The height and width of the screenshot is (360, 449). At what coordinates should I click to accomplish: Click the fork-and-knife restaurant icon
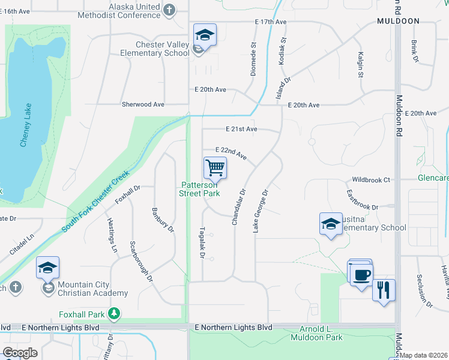384,290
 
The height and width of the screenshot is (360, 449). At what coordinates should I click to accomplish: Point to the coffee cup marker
361,274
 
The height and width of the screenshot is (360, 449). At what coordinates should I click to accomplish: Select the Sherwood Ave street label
143,104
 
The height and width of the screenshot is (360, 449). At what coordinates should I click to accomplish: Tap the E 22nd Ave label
232,154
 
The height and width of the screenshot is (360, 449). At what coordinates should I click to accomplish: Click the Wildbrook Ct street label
371,179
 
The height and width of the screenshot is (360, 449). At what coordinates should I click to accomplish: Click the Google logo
20,353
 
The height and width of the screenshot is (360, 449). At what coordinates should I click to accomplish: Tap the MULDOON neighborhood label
398,20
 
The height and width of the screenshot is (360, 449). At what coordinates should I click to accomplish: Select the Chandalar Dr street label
238,208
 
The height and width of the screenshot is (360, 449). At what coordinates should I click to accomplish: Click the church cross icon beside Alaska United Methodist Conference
170,10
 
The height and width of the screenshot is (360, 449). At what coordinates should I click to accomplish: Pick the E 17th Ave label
271,22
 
